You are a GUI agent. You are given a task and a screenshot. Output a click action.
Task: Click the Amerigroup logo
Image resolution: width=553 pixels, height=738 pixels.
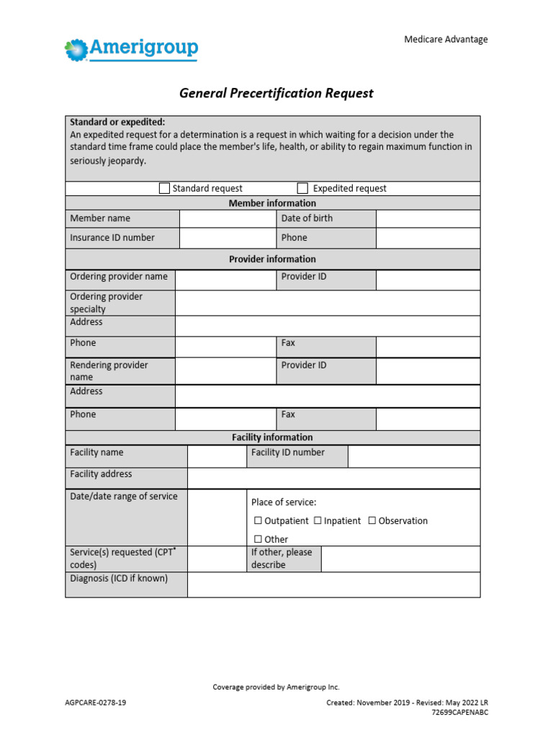tap(131, 49)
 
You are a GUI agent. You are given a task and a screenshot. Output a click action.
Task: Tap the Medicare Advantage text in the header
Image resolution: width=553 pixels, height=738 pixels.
tap(446, 39)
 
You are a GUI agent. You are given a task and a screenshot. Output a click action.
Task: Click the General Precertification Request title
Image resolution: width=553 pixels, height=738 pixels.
tap(276, 94)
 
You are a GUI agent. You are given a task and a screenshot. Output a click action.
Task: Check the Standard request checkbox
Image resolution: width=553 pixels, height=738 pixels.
tap(164, 188)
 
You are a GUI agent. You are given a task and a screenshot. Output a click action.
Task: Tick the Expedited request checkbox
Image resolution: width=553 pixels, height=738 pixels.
tap(302, 188)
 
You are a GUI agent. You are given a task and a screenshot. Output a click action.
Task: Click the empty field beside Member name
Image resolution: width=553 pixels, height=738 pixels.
tap(228, 218)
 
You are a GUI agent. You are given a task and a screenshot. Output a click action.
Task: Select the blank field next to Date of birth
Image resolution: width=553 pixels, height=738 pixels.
tap(428, 218)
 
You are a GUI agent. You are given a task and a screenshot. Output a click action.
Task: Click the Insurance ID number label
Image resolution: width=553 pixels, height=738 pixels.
tap(112, 237)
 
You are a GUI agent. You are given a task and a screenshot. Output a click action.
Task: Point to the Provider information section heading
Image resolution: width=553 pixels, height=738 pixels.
tap(272, 259)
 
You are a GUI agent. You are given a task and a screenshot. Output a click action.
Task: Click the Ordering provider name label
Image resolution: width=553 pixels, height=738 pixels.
tap(118, 277)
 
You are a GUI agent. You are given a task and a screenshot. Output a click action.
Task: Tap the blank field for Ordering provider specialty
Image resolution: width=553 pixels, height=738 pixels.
tap(328, 303)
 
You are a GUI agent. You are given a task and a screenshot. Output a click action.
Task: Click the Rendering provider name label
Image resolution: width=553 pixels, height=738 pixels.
tap(109, 370)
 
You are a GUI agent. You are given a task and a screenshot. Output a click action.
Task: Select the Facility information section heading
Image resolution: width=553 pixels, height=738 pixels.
tap(272, 437)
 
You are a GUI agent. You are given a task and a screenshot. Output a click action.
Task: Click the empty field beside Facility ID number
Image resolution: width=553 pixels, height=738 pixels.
tap(413, 455)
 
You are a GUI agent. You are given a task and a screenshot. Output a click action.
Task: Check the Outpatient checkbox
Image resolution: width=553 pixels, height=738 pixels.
tap(258, 521)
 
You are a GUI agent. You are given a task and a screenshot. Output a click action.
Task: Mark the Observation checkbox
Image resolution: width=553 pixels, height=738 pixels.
tap(372, 521)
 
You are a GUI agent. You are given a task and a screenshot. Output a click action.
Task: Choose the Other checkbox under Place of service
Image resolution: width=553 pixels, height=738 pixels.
tap(258, 539)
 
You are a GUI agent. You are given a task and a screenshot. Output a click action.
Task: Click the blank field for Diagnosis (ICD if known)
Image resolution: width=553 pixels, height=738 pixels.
tap(333, 584)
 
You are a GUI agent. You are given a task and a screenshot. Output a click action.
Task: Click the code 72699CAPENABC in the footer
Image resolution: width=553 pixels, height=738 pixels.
tap(459, 712)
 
